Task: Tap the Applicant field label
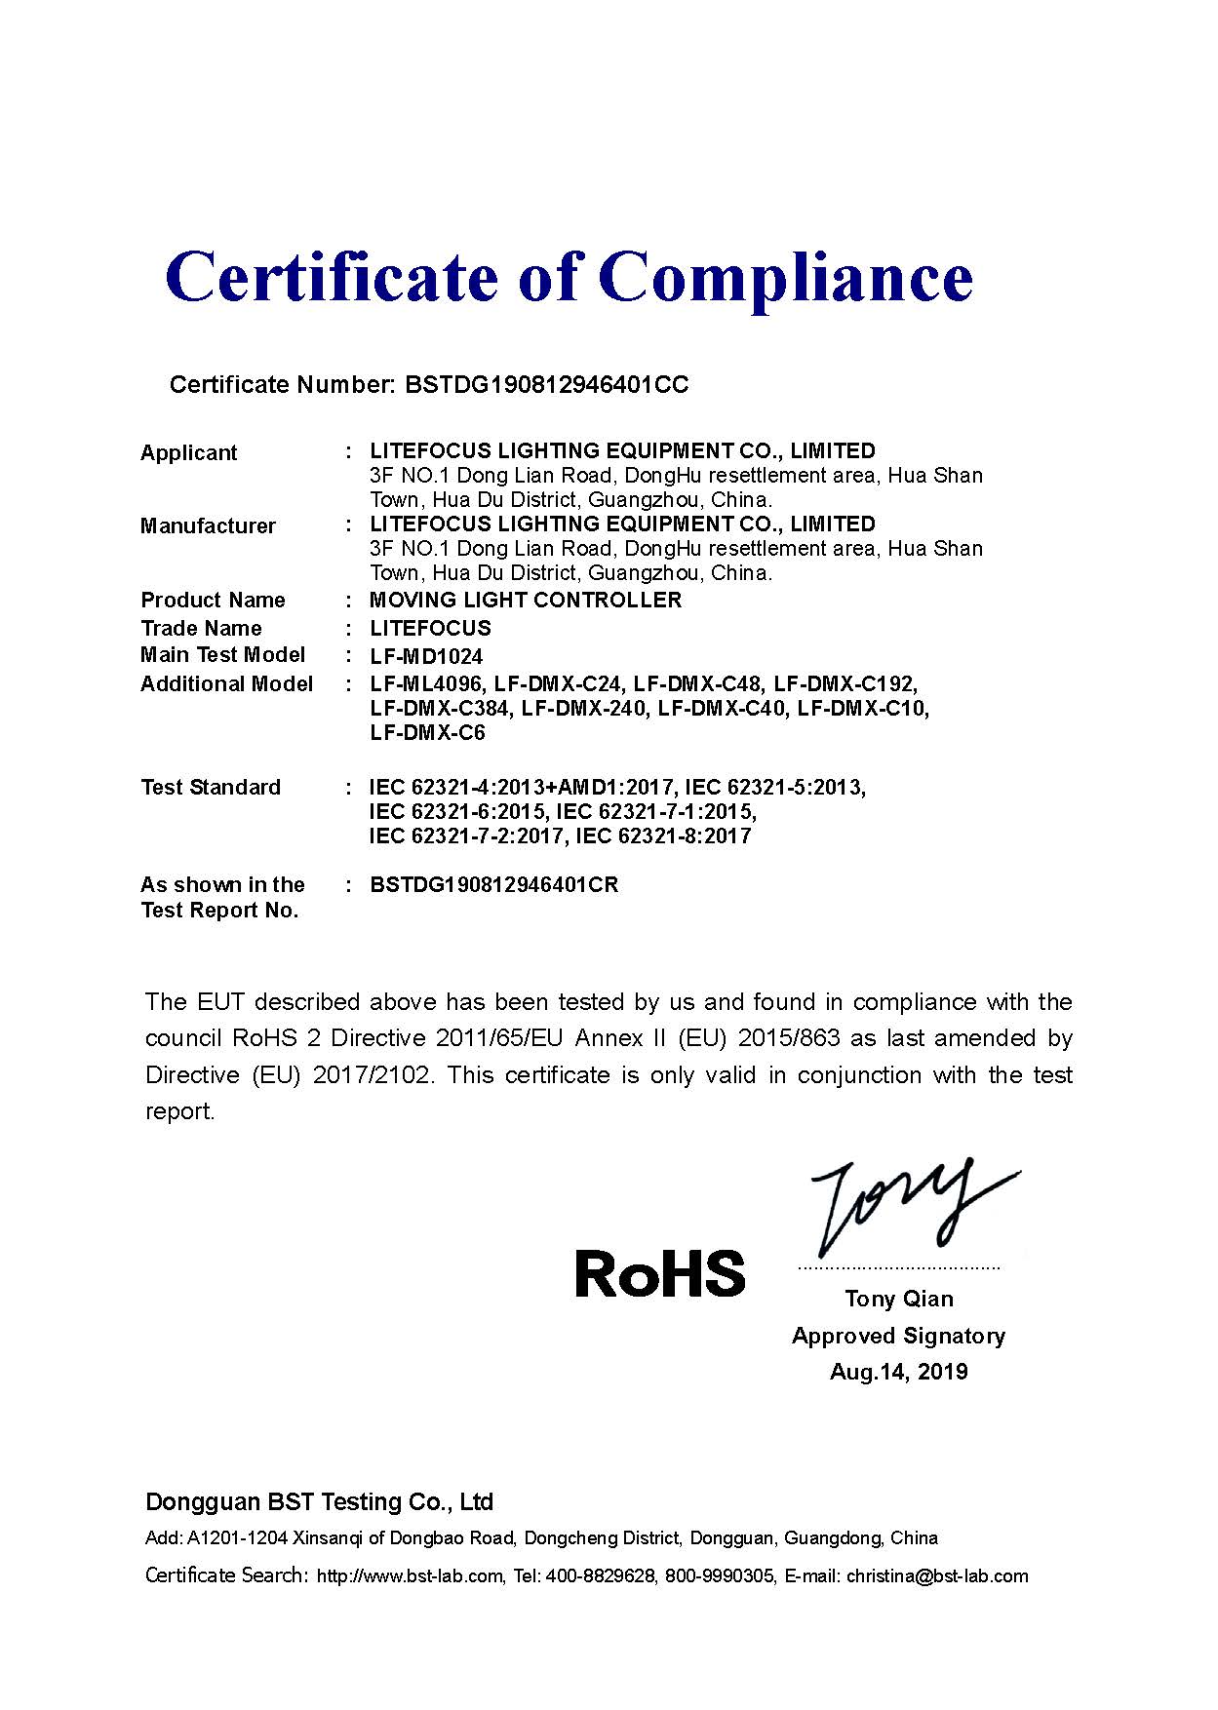pyautogui.click(x=189, y=452)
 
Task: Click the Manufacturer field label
pyautogui.click(x=208, y=526)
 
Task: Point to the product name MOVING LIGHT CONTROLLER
pyautogui.click(x=526, y=601)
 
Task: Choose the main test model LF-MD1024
pyautogui.click(x=426, y=656)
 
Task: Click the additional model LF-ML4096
pyautogui.click(x=425, y=683)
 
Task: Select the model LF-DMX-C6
pyautogui.click(x=427, y=733)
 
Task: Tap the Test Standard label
pyautogui.click(x=211, y=788)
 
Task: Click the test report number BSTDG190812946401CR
pyautogui.click(x=494, y=885)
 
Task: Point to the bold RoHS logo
pyautogui.click(x=660, y=1273)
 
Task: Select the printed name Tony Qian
pyautogui.click(x=899, y=1299)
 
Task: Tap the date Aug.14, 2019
pyautogui.click(x=899, y=1372)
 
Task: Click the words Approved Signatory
pyautogui.click(x=898, y=1336)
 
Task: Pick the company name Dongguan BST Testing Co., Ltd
pyautogui.click(x=320, y=1501)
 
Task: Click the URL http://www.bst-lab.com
pyautogui.click(x=410, y=1576)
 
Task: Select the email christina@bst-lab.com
pyautogui.click(x=937, y=1576)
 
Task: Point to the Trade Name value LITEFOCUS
pyautogui.click(x=430, y=629)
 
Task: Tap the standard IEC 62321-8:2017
pyautogui.click(x=663, y=836)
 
